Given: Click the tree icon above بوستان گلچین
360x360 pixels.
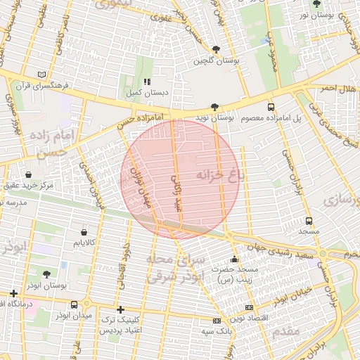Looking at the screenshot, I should coord(217,49).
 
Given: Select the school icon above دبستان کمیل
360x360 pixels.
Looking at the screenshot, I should coord(147,82).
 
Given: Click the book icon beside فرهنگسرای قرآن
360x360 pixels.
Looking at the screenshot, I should coord(43,75).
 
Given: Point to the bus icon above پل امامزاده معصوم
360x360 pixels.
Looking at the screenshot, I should coord(271,107).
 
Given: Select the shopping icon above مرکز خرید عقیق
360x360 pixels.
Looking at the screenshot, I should coord(28,174).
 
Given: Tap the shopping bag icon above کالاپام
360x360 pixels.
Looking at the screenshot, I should coord(84,231).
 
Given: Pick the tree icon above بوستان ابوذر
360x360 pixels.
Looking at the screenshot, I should coord(46,274).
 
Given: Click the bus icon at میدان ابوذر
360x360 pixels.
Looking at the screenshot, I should coord(75,304).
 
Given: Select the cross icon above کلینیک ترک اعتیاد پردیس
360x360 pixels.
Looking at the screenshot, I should coord(120,309).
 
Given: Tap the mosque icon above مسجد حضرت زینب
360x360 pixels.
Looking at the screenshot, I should coord(234,259).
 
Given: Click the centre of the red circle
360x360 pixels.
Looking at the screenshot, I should coord(179,179).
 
